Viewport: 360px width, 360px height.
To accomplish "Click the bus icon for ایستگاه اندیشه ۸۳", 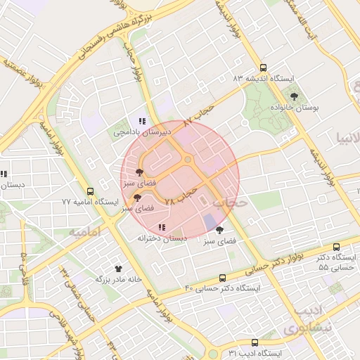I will [263, 68].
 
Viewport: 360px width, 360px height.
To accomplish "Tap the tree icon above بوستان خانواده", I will [294, 96].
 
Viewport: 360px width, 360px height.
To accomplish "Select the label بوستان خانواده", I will [295, 108].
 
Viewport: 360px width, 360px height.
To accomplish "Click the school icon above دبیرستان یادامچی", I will [142, 121].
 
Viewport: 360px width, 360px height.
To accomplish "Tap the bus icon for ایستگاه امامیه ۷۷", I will [90, 191].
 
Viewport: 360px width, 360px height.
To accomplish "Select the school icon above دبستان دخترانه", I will [162, 227].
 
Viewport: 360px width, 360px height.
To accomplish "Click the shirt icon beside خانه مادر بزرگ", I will [118, 268].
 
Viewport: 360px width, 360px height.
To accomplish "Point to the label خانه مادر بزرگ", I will [123, 279].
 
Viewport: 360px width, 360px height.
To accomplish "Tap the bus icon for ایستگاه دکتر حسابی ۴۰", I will [223, 278].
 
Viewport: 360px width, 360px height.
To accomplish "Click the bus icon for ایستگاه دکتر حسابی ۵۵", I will [337, 247].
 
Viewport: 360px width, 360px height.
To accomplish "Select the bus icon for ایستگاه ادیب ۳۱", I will [255, 342].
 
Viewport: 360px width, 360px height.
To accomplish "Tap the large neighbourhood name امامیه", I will [85, 231].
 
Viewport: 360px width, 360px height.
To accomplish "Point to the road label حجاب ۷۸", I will [179, 195].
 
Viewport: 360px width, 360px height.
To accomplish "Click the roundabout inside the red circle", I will [188, 160].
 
